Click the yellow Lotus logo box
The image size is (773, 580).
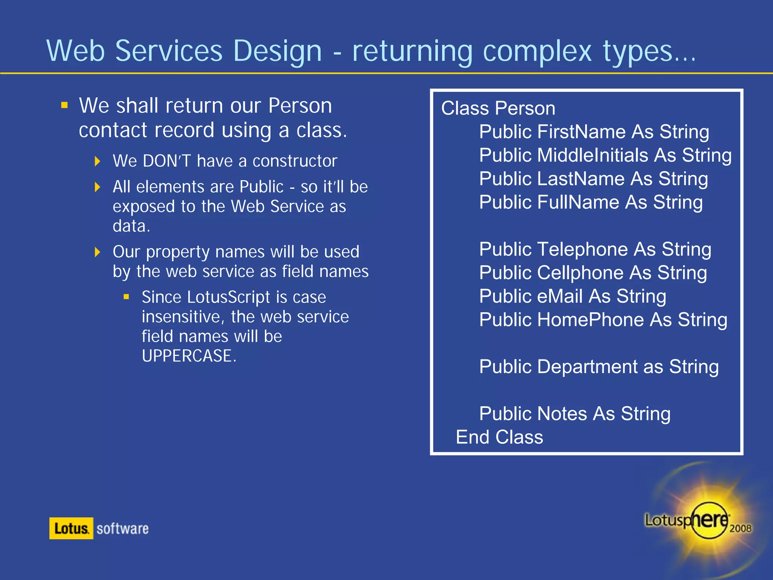71,528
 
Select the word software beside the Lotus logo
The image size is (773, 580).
122,529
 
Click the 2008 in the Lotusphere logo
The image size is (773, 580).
740,528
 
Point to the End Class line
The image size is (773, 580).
499,437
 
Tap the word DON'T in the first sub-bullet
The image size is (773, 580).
167,161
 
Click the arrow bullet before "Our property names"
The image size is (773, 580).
97,252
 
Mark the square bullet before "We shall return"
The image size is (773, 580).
65,105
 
